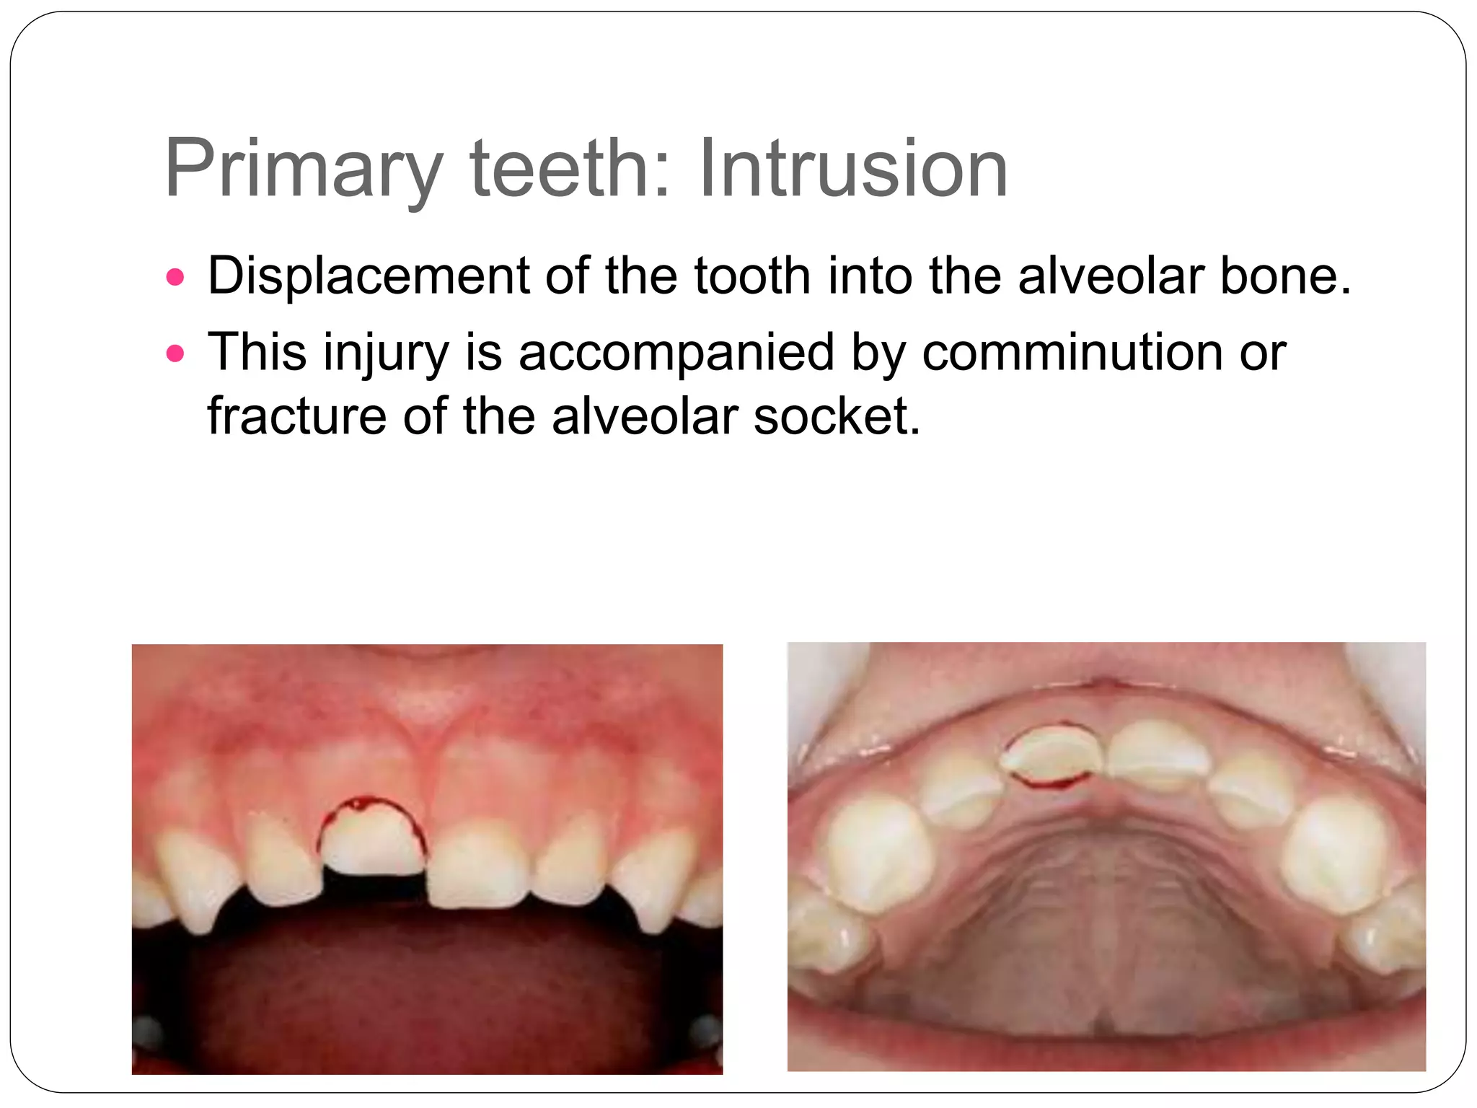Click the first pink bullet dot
click(x=175, y=277)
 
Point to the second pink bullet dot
click(x=175, y=353)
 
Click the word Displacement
click(x=368, y=276)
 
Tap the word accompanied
click(x=676, y=353)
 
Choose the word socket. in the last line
click(x=837, y=416)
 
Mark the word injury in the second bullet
click(x=386, y=353)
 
